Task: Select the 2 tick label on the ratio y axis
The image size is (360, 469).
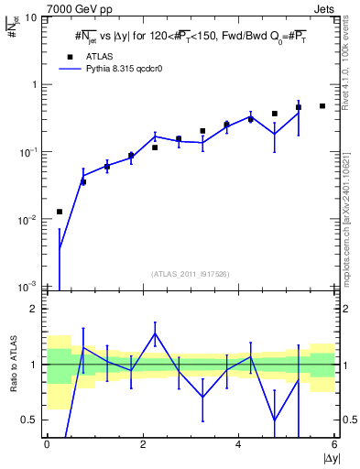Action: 37,309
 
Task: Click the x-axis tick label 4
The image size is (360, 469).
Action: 239,444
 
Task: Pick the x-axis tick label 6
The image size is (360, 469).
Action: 335,444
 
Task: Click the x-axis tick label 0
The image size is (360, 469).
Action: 47,444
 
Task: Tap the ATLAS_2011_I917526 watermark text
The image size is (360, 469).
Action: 191,274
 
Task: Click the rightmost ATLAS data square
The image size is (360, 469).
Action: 322,106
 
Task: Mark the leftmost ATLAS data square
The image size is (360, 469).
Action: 60,212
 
